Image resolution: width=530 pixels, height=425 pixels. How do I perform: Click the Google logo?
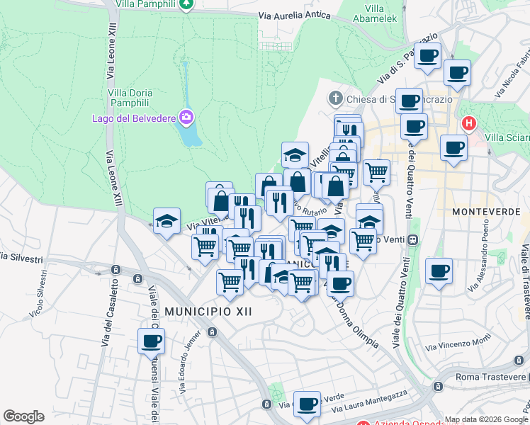coord(23,416)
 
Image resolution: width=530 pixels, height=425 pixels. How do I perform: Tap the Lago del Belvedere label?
coord(132,118)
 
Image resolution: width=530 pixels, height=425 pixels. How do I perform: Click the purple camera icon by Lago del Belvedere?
coord(186,116)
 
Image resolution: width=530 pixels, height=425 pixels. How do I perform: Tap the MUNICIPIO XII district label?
coord(198,311)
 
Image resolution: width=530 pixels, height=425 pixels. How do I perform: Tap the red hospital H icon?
coord(468,124)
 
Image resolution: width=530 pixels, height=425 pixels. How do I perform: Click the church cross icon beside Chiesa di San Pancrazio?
coord(337,98)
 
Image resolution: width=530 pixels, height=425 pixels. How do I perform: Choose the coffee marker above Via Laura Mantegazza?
coord(307,404)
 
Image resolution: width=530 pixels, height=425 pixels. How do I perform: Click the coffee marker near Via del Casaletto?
coord(151,341)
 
